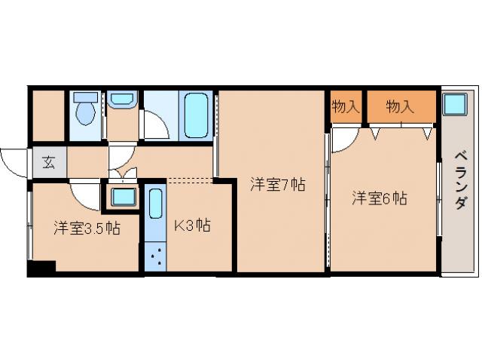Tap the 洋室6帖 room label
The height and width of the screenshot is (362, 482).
coord(380,199)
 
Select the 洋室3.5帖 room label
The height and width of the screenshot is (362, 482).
coord(86,228)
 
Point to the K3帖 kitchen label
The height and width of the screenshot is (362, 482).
coord(193,224)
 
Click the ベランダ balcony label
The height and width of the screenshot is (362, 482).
coord(459,182)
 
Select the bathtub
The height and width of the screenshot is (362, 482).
coord(197,115)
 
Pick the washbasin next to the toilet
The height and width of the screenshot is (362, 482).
coord(121,100)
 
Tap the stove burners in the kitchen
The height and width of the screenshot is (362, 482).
coord(155,257)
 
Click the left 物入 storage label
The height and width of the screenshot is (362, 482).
coord(346,107)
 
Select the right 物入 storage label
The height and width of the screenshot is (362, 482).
coord(401,107)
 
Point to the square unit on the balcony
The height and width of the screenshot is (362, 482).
coord(454,103)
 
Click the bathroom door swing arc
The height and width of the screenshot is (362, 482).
coord(155,126)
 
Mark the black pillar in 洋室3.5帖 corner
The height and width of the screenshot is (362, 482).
coord(41,267)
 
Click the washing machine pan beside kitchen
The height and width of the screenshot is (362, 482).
coord(123,198)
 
